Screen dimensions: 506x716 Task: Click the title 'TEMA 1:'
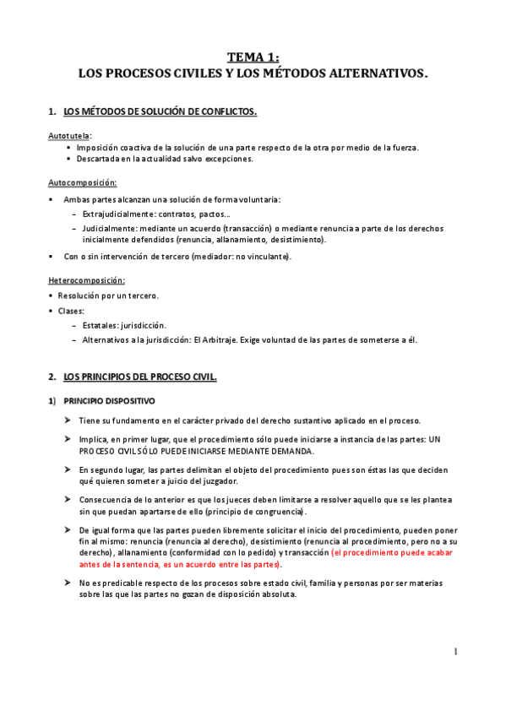point(253,57)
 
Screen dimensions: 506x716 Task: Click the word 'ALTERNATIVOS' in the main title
point(375,74)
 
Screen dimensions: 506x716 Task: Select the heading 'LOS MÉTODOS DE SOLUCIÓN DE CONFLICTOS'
point(160,112)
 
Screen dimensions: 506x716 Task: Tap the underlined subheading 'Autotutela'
point(68,135)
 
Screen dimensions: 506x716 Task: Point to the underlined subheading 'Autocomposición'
point(82,182)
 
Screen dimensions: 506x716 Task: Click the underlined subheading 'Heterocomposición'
point(86,280)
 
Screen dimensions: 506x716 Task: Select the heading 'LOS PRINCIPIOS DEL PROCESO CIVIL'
point(139,377)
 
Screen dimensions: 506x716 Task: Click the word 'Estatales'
point(102,325)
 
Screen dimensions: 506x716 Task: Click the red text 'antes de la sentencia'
point(120,565)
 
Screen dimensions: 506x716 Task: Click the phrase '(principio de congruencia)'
point(258,512)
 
